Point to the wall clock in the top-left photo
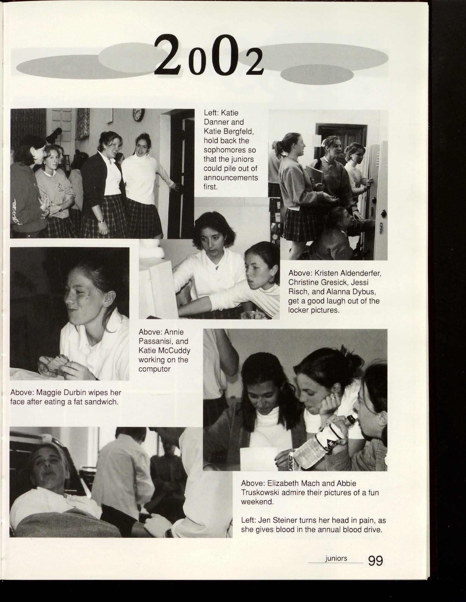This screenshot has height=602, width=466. pos(138,115)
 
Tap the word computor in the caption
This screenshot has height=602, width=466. pos(154,369)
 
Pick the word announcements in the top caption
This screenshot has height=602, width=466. pos(231,178)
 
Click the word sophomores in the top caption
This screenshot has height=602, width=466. pos(229,150)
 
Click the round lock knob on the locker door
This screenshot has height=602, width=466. pos(384,213)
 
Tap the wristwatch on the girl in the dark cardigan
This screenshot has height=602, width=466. pos(101,220)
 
